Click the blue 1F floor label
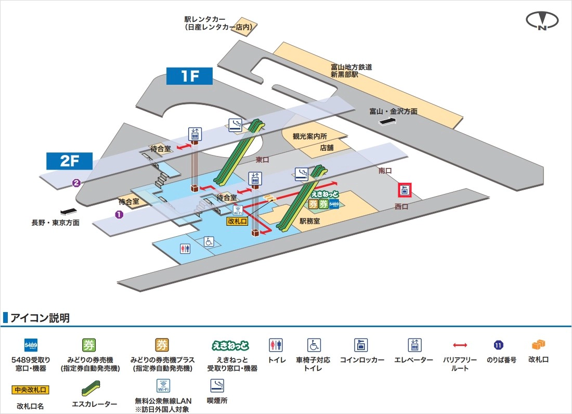coord(190,76)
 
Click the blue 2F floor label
coord(69,161)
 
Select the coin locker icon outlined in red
coord(405,190)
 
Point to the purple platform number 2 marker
coord(76,183)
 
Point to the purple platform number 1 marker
coord(119,214)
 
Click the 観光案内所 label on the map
coord(310,136)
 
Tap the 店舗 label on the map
coord(327,148)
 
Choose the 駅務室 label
coord(309,221)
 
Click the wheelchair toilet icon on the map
coord(209,242)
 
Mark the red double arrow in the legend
coord(460,345)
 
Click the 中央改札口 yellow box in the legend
coord(31,389)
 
